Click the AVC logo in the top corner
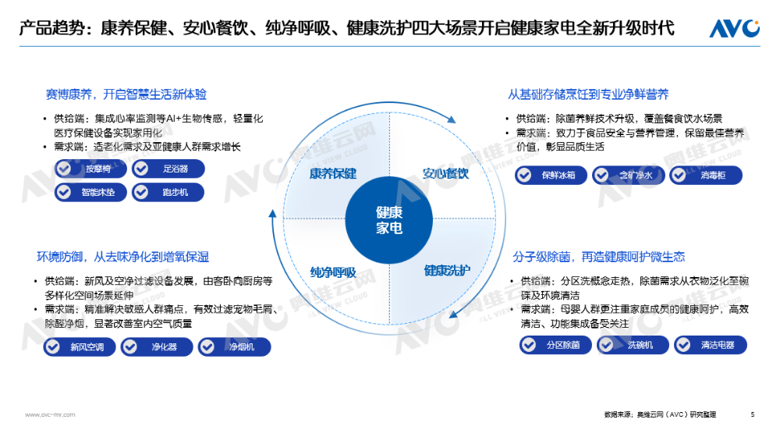click(734, 29)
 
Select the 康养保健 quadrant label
click(332, 173)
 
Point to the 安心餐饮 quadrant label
click(445, 173)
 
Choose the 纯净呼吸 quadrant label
click(332, 272)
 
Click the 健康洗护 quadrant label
click(447, 271)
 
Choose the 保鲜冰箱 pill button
click(551, 176)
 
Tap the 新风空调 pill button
click(78, 347)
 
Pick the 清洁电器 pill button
click(711, 345)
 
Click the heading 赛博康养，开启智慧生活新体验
click(126, 94)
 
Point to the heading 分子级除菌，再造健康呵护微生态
click(598, 257)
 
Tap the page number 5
click(752, 414)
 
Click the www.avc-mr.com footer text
click(50, 415)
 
